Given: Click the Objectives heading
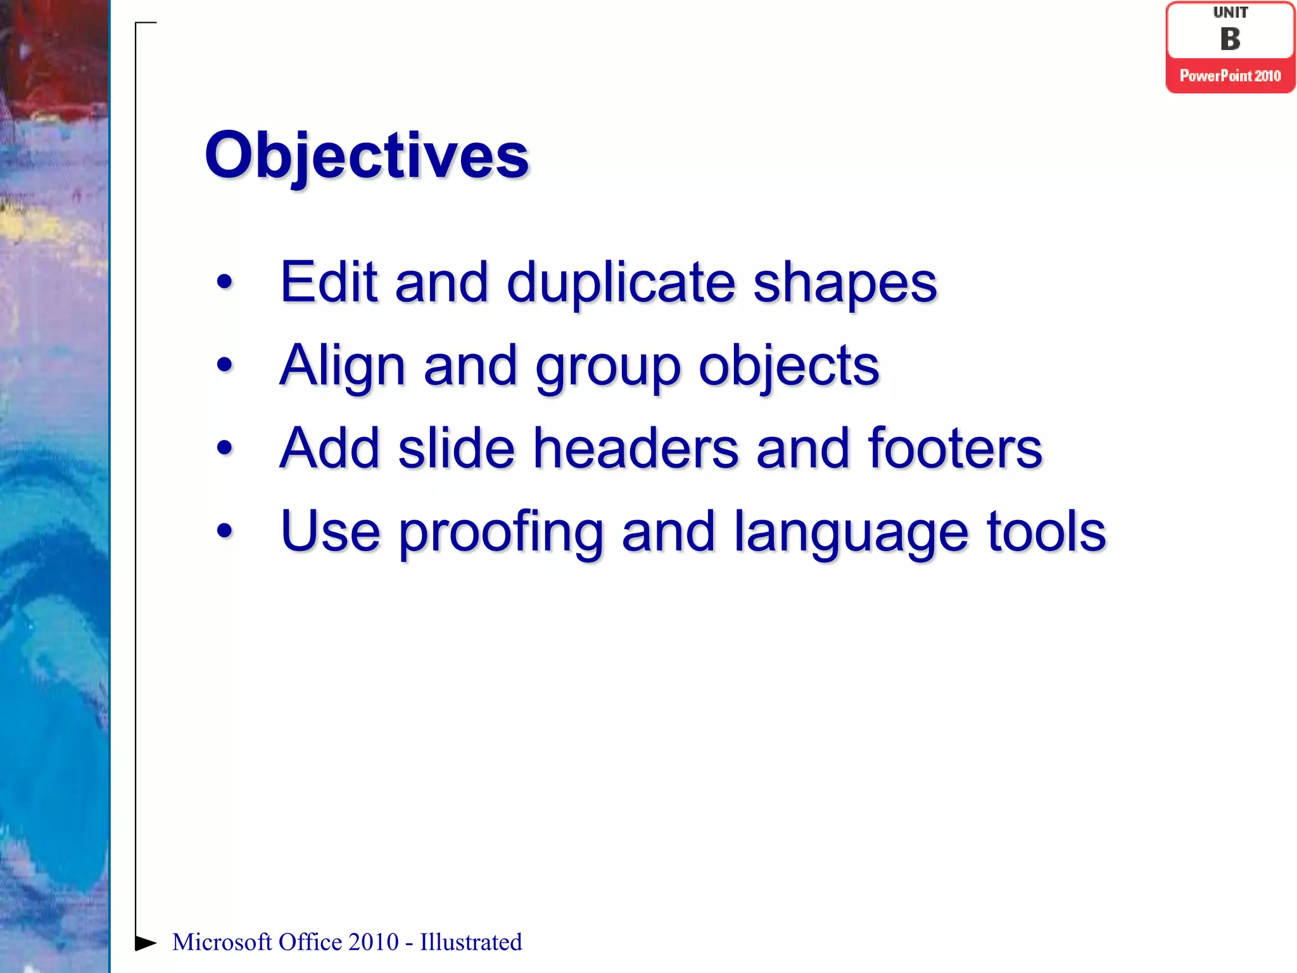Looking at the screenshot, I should point(366,155).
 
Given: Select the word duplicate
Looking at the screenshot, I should point(621,283).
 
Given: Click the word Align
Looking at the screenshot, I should point(342,366).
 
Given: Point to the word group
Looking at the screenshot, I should point(607,368).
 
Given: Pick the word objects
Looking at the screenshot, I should point(788,366).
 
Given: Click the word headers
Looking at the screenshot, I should point(636,448).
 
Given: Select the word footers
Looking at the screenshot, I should point(954,448).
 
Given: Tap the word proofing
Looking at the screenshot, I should point(500,533).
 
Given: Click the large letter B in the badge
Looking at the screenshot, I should point(1230,39).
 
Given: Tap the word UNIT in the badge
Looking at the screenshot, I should point(1230,13).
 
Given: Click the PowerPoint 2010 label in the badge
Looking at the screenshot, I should point(1230,76).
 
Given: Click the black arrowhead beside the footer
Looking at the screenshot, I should point(145,943).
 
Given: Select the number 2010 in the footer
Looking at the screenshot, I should point(373,943).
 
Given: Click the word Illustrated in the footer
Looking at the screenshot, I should point(471,943).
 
